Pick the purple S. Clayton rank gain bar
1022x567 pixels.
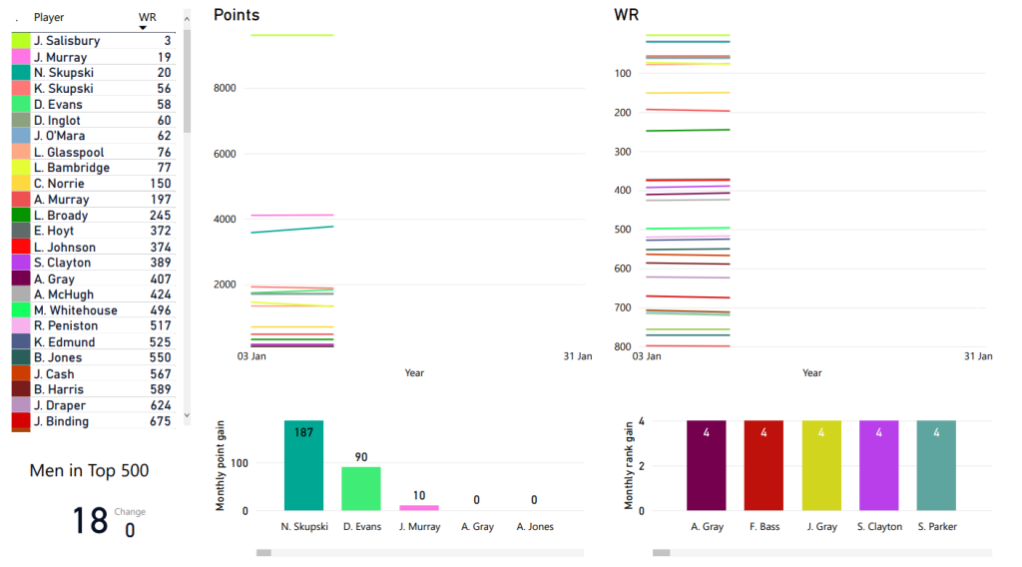tap(878, 465)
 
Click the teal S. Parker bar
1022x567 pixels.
tap(935, 465)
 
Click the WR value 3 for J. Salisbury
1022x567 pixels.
tap(167, 41)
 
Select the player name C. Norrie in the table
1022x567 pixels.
tap(59, 184)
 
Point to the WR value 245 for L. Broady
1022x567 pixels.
tap(161, 216)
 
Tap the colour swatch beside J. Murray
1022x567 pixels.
tap(21, 57)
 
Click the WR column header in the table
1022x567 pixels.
tap(147, 17)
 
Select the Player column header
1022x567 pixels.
tap(49, 17)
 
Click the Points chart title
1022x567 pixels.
tap(237, 15)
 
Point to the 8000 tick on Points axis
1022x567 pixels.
tap(225, 89)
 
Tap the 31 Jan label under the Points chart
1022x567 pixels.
tap(577, 356)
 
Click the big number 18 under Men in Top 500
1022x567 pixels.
tap(90, 521)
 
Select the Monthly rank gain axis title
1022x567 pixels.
tap(630, 465)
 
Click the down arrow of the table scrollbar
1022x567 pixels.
tap(187, 414)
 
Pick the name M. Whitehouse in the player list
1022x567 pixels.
tap(75, 310)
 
